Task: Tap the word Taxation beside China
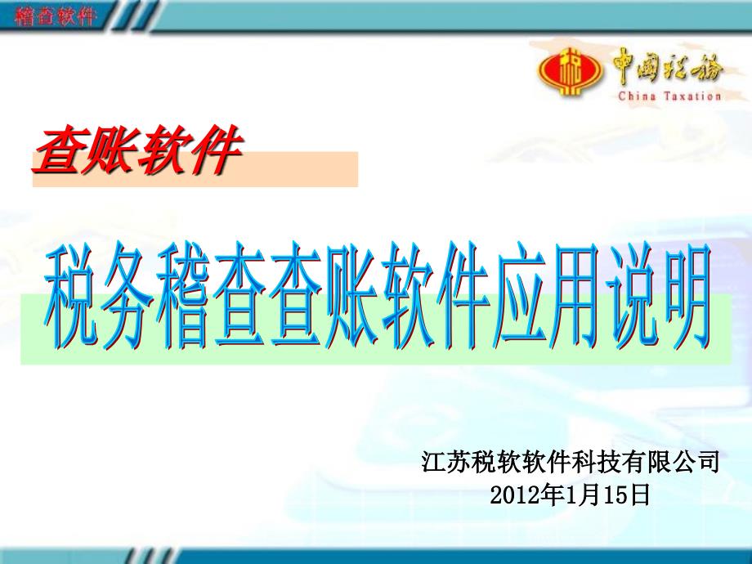(692, 96)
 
